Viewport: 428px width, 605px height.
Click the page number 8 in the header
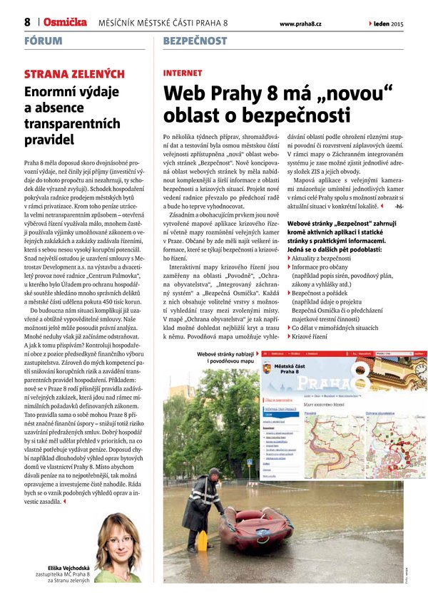click(27, 22)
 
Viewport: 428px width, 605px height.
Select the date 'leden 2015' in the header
click(388, 24)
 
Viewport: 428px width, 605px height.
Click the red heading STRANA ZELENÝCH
click(74, 74)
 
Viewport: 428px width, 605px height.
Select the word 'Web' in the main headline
click(185, 94)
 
